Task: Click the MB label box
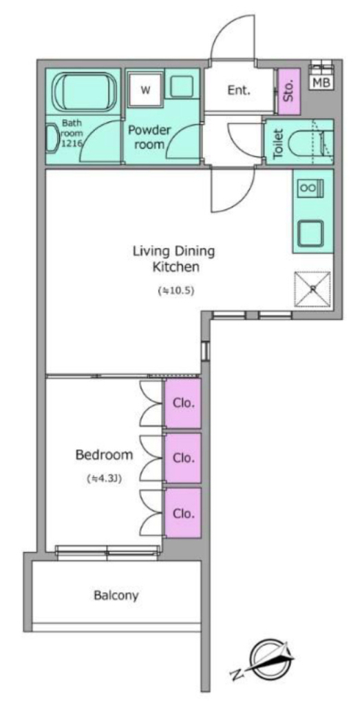point(321,83)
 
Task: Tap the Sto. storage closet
point(289,92)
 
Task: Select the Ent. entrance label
point(238,90)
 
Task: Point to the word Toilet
point(279,144)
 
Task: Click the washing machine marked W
point(145,90)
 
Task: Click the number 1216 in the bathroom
point(70,143)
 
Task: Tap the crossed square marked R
point(313,290)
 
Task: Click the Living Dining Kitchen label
point(174,259)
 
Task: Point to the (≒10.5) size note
point(176,291)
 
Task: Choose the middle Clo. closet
point(183,458)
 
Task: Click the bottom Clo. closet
point(183,513)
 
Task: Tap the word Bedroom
point(104,455)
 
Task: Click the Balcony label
point(116,596)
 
